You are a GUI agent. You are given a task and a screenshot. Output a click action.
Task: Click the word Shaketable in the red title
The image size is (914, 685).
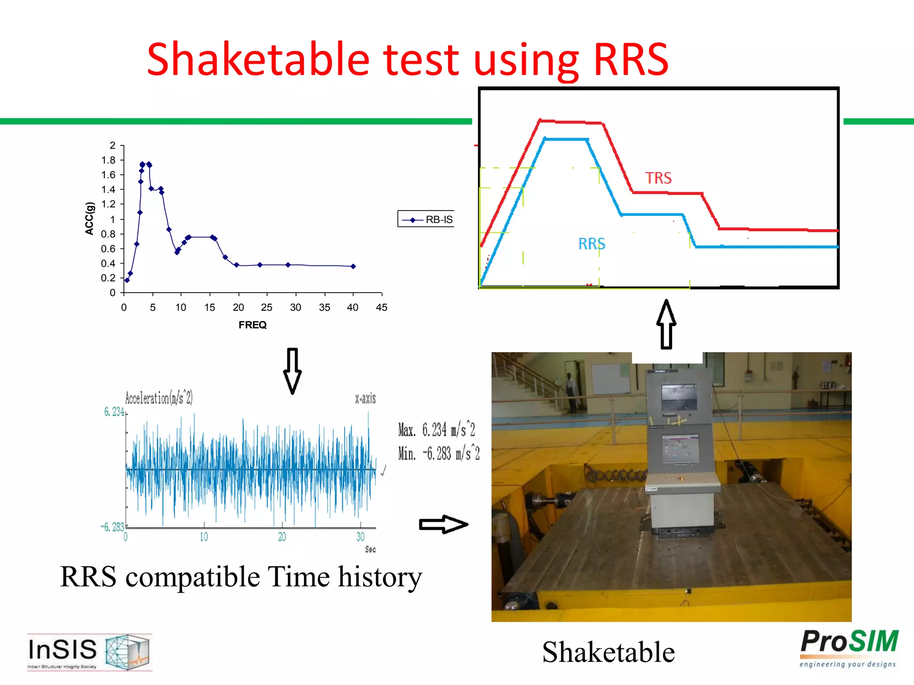coord(258,60)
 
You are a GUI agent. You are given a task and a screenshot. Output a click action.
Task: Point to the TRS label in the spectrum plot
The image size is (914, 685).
coord(658,178)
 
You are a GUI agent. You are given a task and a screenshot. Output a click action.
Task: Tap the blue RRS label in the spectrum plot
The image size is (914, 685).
coord(591,244)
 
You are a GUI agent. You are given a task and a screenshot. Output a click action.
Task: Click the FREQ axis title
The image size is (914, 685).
coord(252,325)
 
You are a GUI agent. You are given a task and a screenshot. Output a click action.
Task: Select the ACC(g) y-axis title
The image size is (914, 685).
coord(90,219)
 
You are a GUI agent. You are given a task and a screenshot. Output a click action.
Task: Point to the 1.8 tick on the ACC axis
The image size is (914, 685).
coord(108,160)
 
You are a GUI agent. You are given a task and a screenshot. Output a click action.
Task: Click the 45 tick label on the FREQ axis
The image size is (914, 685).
coord(381,307)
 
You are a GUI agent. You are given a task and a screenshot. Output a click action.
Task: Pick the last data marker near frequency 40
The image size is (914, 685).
coord(353,266)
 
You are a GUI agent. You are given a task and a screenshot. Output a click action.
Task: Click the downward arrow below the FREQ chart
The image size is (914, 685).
coord(292,371)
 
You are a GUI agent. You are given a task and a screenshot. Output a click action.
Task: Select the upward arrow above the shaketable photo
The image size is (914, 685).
coord(666,324)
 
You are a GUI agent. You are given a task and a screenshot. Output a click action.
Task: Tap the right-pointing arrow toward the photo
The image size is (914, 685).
coord(443,524)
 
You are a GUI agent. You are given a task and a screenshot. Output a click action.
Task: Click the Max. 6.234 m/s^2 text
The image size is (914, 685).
coord(436,430)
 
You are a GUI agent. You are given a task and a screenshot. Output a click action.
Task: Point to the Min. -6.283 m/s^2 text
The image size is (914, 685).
coord(439,454)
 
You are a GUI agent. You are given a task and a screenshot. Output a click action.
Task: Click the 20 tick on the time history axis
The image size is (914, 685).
coord(282,537)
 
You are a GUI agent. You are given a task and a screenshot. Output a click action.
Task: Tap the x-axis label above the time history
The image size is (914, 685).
coord(365,398)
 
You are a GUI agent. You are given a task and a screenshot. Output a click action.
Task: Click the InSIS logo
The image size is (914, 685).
coord(89,652)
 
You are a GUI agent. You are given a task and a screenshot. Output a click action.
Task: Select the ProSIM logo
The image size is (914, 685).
coord(848,648)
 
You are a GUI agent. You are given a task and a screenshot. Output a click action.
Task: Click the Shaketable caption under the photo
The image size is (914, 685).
coord(608,652)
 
